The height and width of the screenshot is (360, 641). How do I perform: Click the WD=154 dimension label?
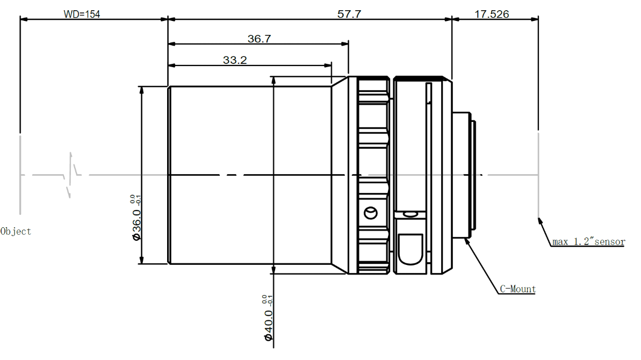82,15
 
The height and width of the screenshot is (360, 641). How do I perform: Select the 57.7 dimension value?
349,15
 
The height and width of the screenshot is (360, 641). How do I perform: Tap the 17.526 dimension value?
492,15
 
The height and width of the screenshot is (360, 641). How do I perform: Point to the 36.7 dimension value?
259,39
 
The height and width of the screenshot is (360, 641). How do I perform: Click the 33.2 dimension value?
235,60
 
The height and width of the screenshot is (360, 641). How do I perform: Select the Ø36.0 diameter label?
136,225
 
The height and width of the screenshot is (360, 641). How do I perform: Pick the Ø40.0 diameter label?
268,325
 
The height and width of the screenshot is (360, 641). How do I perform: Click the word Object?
16,231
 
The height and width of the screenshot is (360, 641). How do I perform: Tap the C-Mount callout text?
517,289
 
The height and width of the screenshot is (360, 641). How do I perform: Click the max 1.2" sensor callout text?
589,241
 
